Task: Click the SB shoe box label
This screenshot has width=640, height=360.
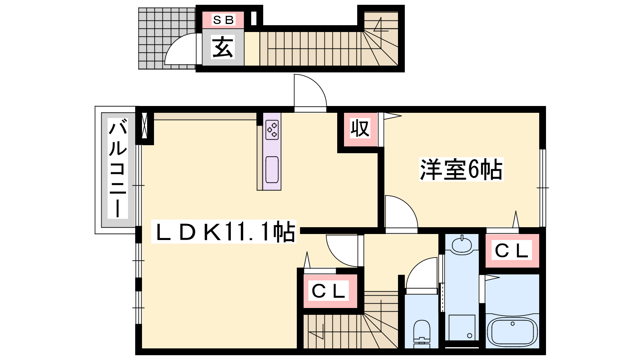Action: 223,20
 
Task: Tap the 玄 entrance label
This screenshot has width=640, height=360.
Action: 222,47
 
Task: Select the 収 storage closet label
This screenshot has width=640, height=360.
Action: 360,128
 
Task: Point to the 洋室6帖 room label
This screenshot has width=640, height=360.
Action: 461,169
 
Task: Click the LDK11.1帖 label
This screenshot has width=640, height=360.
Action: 224,232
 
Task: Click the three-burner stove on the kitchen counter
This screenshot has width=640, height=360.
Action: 272,130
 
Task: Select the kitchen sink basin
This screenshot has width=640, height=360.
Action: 272,170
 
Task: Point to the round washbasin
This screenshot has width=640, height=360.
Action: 462,244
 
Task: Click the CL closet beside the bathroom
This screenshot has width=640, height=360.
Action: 512,250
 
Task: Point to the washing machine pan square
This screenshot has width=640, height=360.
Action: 462,328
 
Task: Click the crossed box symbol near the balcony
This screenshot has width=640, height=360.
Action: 144,126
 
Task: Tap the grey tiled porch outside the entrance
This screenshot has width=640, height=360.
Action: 167,38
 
